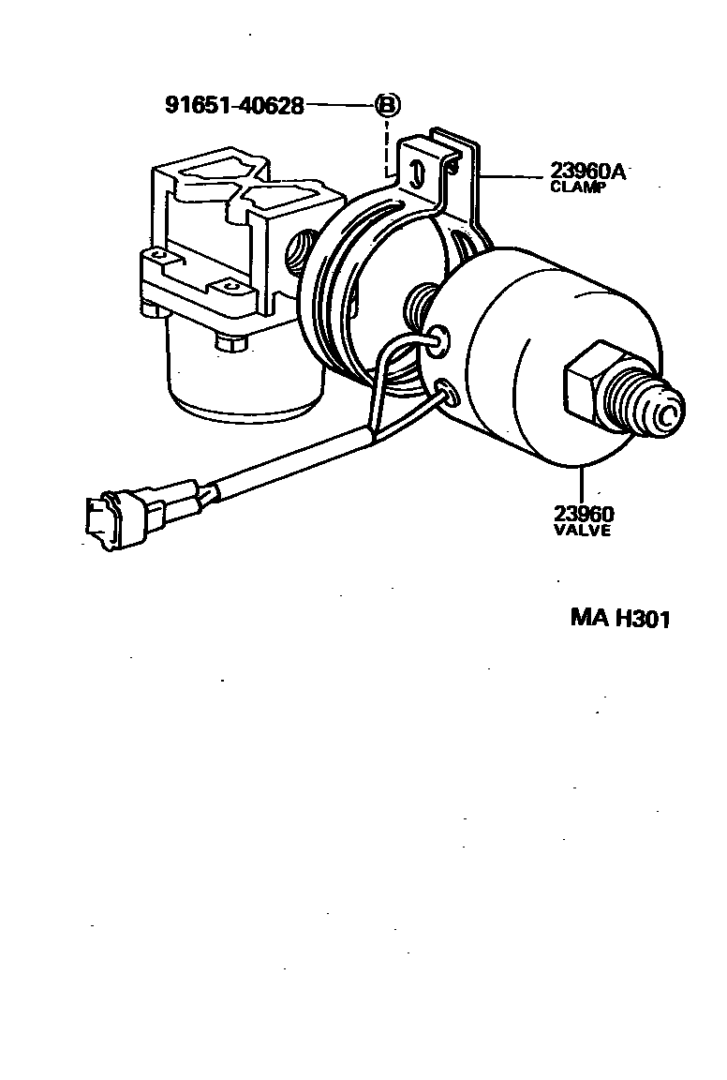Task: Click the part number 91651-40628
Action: pos(234,105)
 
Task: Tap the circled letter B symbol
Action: pos(386,105)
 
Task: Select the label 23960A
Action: pos(587,171)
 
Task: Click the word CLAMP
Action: pos(577,186)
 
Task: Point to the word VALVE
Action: pos(581,530)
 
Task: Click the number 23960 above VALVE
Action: pos(583,513)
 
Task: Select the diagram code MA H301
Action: pos(621,619)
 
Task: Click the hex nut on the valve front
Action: pos(588,386)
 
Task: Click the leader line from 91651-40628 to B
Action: pos(339,105)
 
